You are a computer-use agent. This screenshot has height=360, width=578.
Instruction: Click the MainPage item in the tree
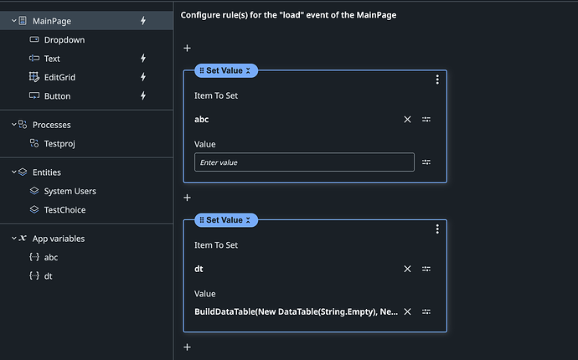pos(52,21)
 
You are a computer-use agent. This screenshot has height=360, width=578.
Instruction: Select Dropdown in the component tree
pos(65,40)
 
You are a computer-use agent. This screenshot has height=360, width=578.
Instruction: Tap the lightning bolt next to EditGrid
pos(143,77)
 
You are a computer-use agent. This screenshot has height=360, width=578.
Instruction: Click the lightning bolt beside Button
pos(143,95)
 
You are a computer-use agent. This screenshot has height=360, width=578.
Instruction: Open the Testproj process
pos(59,144)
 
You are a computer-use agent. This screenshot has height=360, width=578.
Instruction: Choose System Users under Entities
pos(70,191)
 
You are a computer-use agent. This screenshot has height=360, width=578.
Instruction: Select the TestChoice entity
pos(65,210)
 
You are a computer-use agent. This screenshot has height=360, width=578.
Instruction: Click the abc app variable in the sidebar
pos(51,258)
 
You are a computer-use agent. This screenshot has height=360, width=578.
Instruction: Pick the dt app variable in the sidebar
pos(48,276)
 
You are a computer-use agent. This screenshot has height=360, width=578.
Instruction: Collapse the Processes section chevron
pos(13,125)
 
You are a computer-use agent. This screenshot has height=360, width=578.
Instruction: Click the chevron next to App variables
pos(13,239)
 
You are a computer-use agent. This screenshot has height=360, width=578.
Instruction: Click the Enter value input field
pos(304,162)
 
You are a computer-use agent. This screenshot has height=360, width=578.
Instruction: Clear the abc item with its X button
pos(407,120)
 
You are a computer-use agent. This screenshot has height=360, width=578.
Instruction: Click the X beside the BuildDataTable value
pos(407,311)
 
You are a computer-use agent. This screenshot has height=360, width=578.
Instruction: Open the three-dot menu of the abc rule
pos(437,80)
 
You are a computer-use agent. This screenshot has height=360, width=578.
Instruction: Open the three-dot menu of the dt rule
pos(437,229)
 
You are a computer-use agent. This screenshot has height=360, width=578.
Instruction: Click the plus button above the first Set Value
pos(188,49)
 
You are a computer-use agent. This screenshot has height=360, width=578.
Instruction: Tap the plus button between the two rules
pos(188,198)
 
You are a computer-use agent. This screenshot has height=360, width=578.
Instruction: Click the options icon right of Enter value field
pos(426,162)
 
